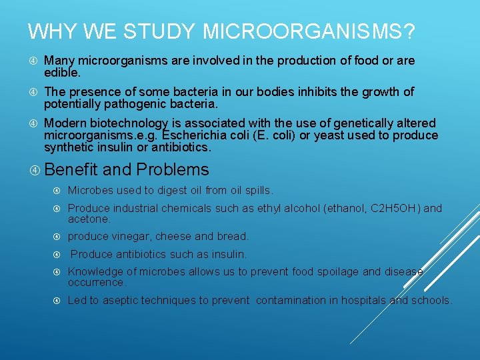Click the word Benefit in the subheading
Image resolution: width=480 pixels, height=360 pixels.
pyautogui.click(x=72, y=169)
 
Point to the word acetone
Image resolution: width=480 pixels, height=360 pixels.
pyautogui.click(x=89, y=219)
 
